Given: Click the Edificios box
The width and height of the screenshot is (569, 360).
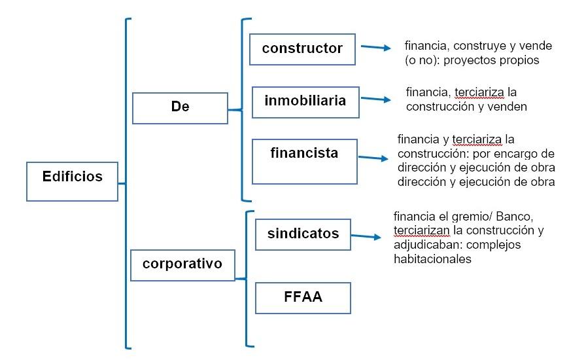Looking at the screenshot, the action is (x=72, y=181).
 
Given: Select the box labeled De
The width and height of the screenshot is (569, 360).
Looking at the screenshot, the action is (x=180, y=108).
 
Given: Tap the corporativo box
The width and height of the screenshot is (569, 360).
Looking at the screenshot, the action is (x=182, y=265).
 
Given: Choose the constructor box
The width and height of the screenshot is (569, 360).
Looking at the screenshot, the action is (x=302, y=49).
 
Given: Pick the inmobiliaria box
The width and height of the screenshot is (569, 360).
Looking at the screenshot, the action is (x=305, y=102).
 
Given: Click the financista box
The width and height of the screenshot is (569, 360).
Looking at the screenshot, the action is (x=305, y=161).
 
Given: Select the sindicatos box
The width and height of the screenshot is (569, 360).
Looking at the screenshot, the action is (x=303, y=234).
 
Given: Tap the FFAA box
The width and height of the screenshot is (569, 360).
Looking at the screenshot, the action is (x=303, y=298).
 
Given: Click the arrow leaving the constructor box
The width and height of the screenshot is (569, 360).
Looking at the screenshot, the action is (x=375, y=47).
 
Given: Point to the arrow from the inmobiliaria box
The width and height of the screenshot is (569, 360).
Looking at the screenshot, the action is (x=375, y=99).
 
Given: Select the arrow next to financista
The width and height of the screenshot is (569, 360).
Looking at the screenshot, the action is (x=373, y=158).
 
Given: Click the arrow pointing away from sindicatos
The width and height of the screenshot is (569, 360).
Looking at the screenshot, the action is (x=366, y=236).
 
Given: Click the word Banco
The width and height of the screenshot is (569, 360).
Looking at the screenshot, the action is (x=515, y=217).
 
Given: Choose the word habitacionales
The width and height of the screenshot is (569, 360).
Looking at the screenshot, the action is (x=432, y=259).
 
